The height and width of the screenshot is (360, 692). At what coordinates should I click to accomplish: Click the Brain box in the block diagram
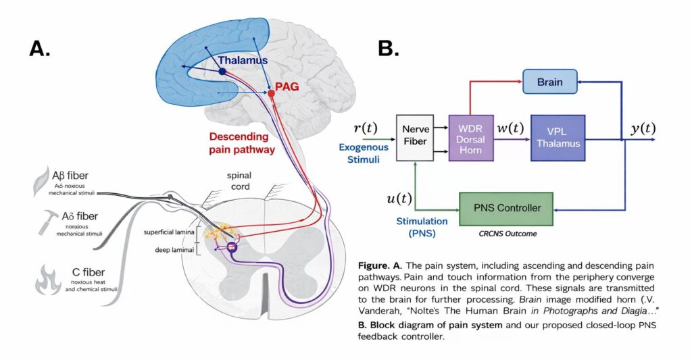point(550,82)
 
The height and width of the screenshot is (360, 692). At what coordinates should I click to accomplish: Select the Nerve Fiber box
point(414,138)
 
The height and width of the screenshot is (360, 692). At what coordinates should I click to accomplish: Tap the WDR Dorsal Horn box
point(470,138)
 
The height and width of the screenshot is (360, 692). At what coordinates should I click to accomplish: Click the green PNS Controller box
point(505,207)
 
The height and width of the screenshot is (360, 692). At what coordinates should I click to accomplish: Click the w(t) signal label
point(512,128)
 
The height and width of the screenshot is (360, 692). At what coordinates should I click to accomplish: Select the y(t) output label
point(642,128)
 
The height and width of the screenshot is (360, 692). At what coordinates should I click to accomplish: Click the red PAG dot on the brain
point(271,93)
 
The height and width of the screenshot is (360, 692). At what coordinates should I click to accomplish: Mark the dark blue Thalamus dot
point(222,71)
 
